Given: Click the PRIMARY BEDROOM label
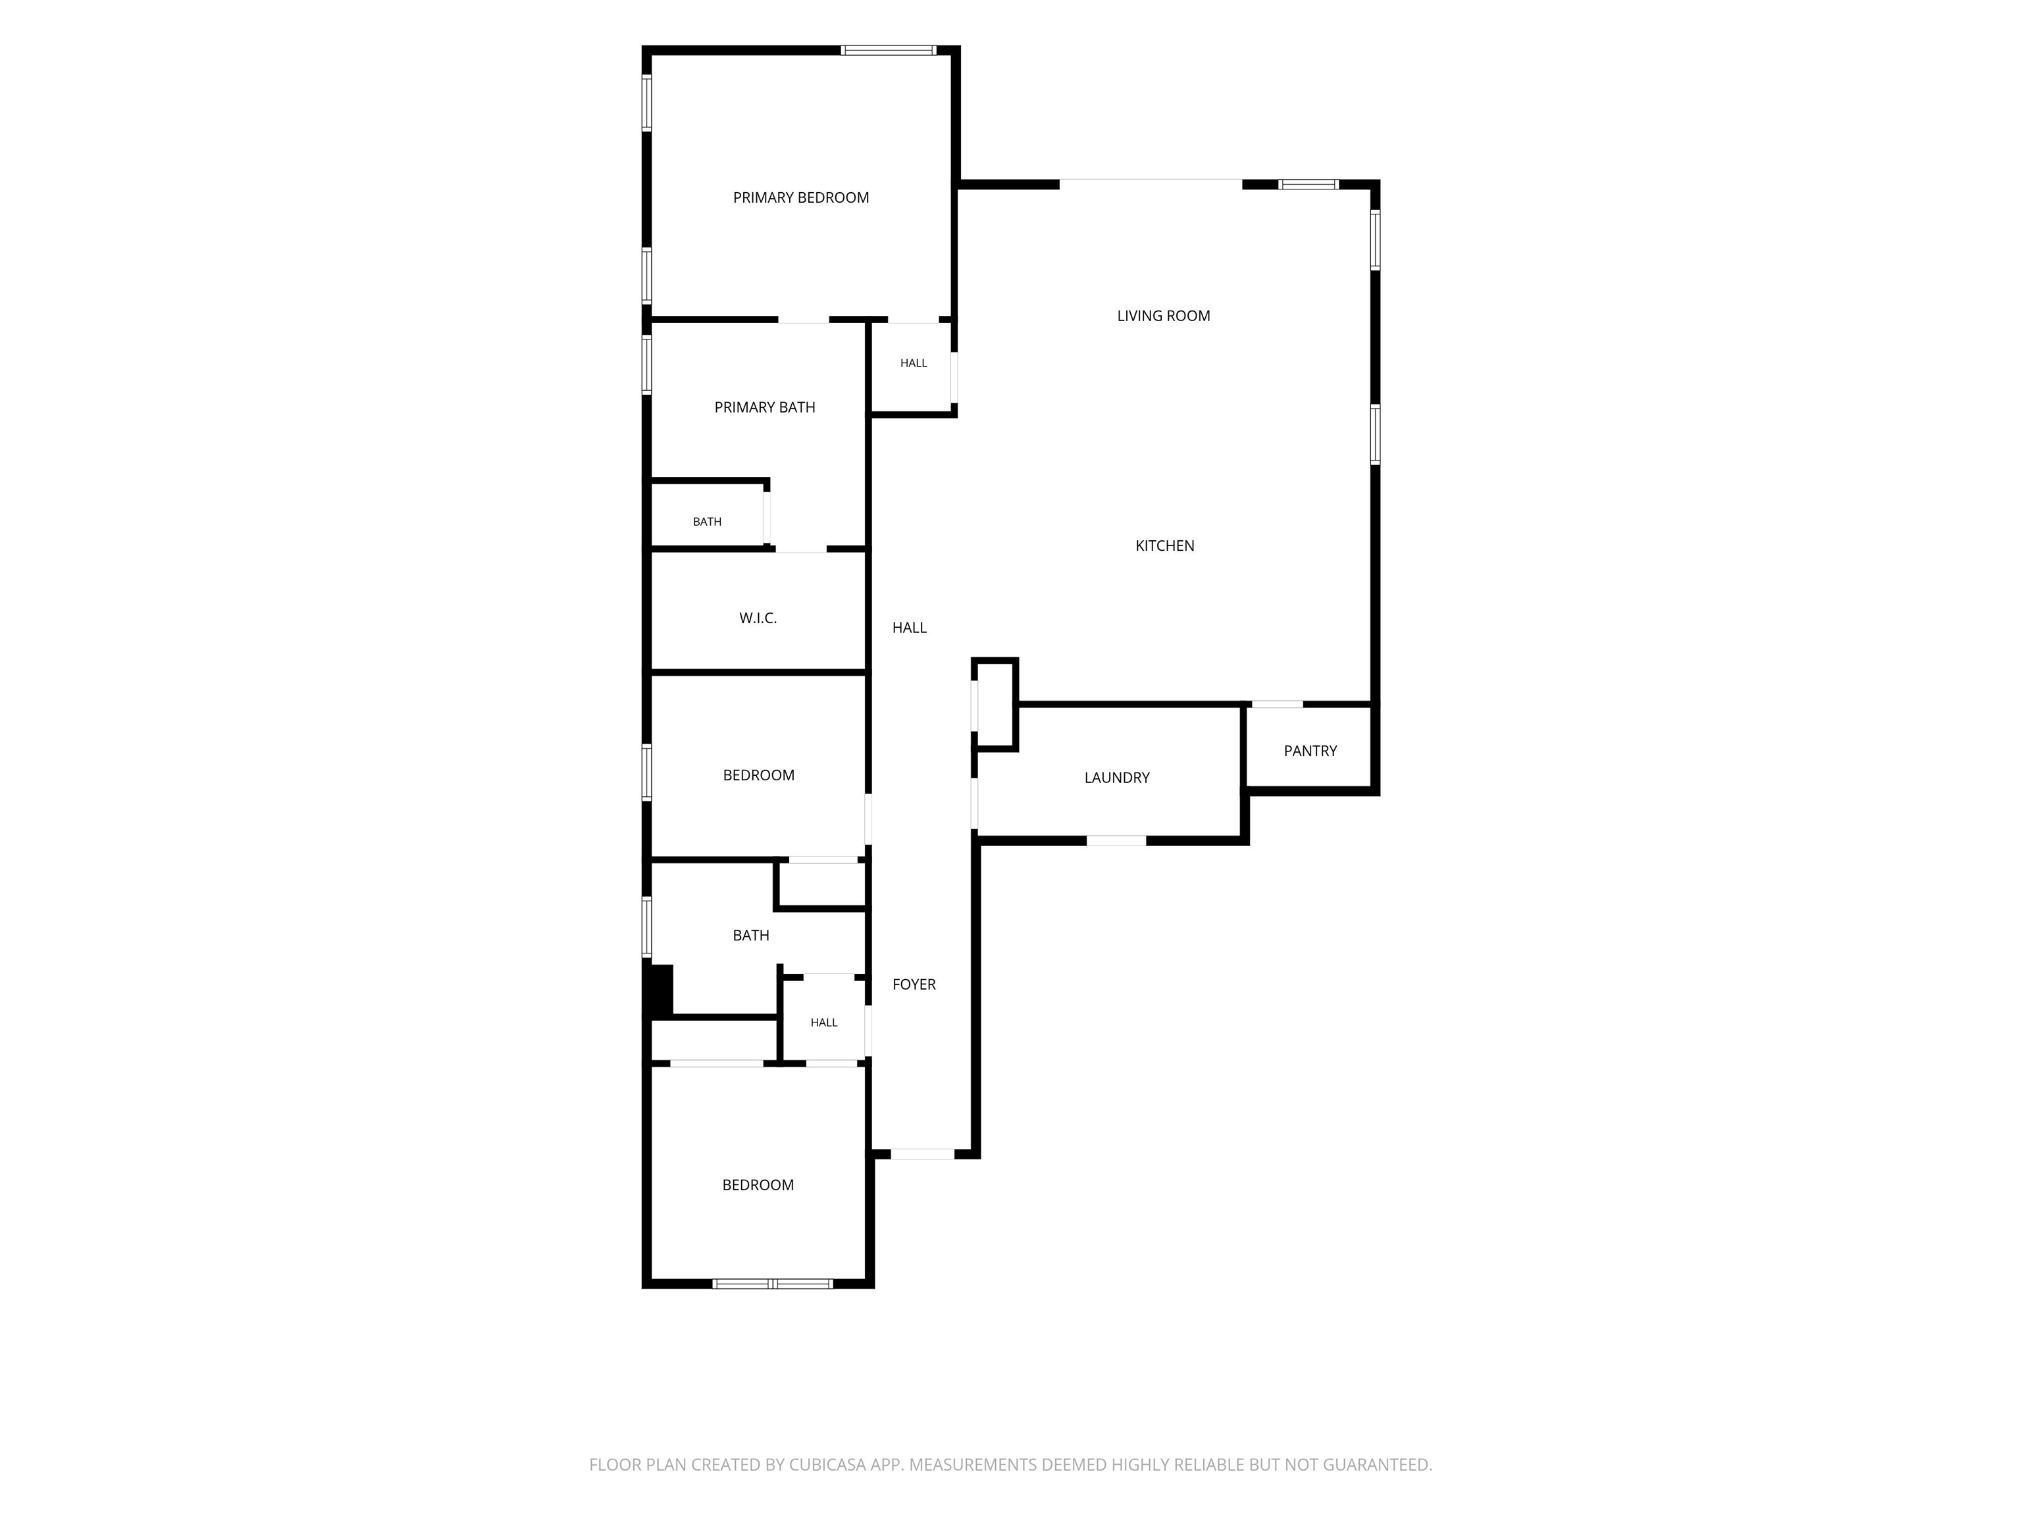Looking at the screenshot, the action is point(801,197).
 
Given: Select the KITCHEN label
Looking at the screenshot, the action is point(1164,545).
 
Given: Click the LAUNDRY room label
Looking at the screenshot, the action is point(1117,778).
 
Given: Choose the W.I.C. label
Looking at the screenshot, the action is point(758,619).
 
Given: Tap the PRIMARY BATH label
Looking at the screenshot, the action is point(765,407).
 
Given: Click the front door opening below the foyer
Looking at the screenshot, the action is point(922,1154).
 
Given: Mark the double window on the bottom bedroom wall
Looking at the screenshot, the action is point(773,1284).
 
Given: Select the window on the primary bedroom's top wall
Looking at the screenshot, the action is point(889,50).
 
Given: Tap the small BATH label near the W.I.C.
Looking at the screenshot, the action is point(707,522).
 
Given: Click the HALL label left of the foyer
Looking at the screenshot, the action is point(823,1023).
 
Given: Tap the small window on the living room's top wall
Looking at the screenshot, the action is point(1308,185).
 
